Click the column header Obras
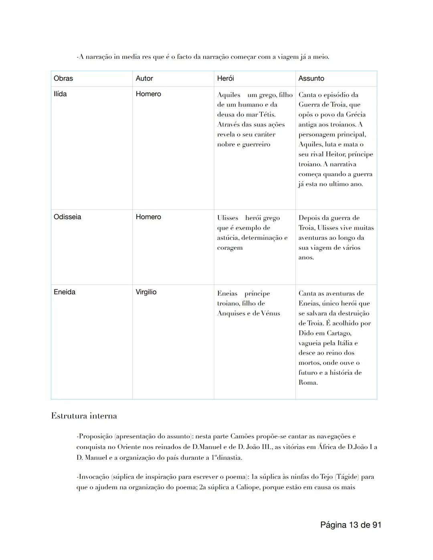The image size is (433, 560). (x=63, y=79)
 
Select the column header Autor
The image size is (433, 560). (x=144, y=79)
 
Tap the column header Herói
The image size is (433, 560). (x=225, y=79)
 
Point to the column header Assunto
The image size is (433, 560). (x=311, y=79)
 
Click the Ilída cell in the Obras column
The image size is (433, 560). (x=60, y=94)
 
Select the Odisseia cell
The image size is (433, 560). (x=67, y=217)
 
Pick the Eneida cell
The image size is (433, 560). (x=65, y=292)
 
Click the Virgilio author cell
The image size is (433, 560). (x=146, y=292)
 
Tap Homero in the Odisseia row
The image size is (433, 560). (x=148, y=217)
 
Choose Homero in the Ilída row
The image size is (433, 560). (x=148, y=94)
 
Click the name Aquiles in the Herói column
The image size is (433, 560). (x=229, y=95)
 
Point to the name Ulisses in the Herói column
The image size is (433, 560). (x=228, y=218)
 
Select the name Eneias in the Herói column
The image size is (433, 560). (x=227, y=293)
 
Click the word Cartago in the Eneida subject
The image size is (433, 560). (x=338, y=333)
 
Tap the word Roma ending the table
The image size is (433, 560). (x=308, y=382)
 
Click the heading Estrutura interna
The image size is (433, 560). (x=84, y=416)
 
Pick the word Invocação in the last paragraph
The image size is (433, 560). (x=94, y=477)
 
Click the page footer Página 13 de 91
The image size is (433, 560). (x=350, y=525)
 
